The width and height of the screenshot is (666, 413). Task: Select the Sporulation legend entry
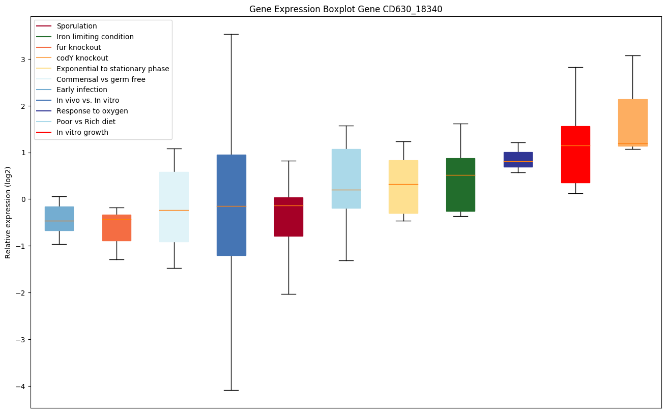(77, 26)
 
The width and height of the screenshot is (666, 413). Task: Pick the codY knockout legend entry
(82, 58)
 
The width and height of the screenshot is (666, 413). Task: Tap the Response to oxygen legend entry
(92, 111)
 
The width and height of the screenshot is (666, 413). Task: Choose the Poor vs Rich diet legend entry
(86, 122)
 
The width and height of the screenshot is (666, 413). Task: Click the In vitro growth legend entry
(82, 132)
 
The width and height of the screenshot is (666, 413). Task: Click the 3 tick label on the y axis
(23, 59)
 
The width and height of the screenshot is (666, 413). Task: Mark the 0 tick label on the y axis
(23, 199)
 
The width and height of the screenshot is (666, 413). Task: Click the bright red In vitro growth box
(575, 154)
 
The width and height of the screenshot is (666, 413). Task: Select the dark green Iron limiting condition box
(460, 185)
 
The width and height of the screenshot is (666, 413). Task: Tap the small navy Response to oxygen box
(518, 160)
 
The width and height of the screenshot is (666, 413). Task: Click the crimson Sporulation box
(288, 217)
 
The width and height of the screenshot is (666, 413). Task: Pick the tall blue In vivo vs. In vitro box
(231, 205)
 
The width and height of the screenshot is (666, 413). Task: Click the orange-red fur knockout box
(117, 228)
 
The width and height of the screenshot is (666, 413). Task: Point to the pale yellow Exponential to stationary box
(403, 187)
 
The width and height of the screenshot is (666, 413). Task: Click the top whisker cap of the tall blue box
(231, 34)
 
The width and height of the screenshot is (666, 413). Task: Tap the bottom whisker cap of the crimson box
(288, 294)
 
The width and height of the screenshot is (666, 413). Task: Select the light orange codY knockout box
(632, 123)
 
